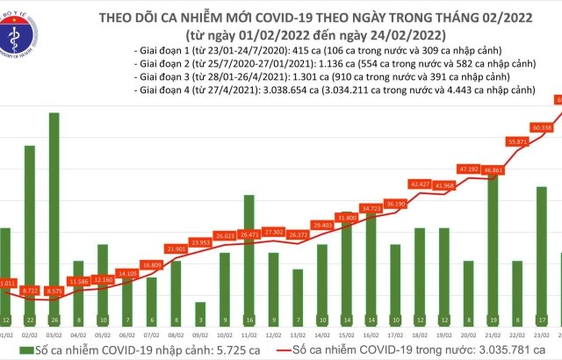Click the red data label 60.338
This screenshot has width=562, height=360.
[542, 128]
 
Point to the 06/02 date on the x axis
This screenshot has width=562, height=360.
[127, 335]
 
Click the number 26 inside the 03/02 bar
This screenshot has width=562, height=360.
[54, 320]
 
